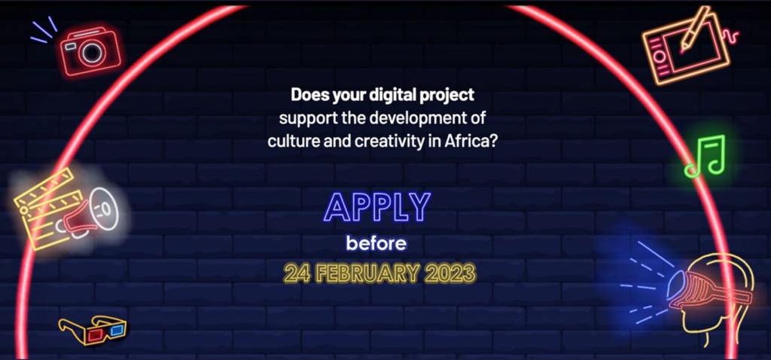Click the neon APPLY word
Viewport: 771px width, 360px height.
point(377,207)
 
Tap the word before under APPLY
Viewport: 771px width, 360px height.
point(376,243)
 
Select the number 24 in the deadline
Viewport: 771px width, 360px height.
point(296,273)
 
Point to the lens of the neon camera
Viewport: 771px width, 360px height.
point(92,53)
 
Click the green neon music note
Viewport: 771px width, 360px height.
point(705,155)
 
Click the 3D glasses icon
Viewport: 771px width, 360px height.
point(93,330)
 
